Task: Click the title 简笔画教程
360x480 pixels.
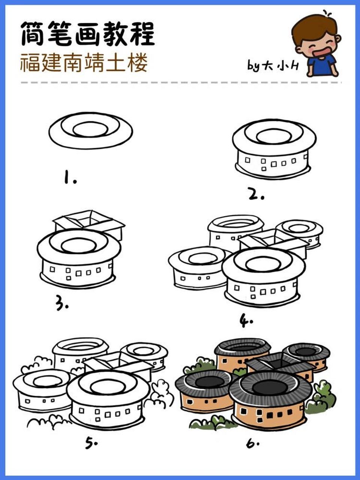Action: tap(87, 34)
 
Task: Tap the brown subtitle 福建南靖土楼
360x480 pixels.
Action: tap(84, 63)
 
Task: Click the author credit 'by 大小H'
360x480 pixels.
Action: tap(273, 66)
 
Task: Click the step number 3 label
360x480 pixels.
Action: tap(62, 303)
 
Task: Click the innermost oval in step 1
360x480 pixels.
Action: tap(90, 130)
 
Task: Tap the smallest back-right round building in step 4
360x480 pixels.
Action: tap(300, 232)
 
